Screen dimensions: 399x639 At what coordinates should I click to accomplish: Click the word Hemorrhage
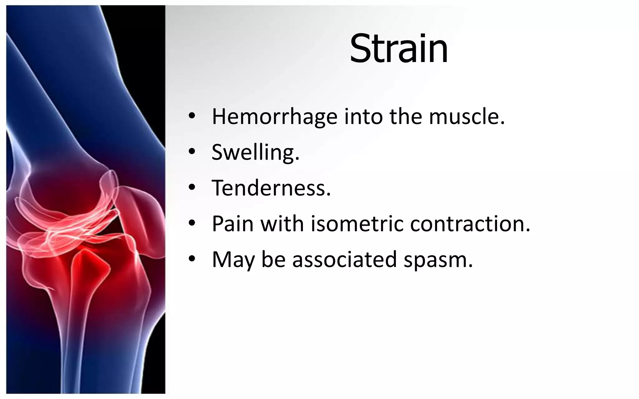[x=275, y=117]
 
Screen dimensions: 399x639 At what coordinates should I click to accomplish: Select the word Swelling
[x=255, y=152]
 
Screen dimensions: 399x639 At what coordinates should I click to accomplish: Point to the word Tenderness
[x=271, y=188]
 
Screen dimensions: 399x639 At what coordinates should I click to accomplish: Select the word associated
[x=344, y=259]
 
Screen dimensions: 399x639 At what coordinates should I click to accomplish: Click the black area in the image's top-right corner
[x=147, y=47]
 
